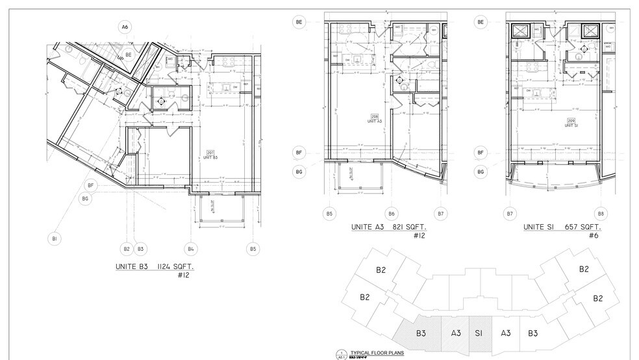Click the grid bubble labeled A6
[125, 27]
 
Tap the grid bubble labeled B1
[55, 239]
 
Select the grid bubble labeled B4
[192, 248]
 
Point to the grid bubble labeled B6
[392, 213]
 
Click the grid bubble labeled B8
[601, 213]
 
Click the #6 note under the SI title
[593, 236]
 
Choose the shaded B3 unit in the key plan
[421, 333]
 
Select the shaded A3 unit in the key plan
[456, 333]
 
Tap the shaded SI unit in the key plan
[480, 333]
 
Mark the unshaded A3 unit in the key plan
[505, 333]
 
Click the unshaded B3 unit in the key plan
[532, 333]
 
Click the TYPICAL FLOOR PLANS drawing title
[377, 353]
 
